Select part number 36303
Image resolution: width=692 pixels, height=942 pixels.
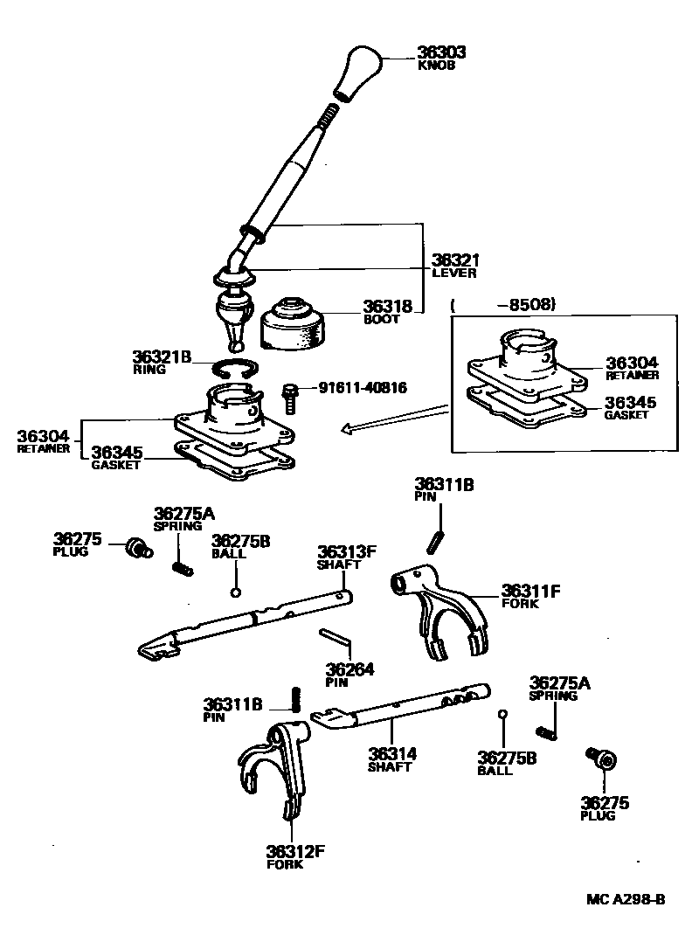[441, 52]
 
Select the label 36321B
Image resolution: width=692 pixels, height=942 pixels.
[162, 357]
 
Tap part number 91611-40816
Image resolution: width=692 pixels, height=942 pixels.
[362, 386]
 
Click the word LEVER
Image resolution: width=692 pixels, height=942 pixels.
[454, 273]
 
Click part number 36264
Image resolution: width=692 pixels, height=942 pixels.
[350, 669]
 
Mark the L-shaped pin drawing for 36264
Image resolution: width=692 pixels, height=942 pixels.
[336, 641]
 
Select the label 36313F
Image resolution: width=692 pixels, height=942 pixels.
[346, 551]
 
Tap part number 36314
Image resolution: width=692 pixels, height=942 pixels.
[391, 754]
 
